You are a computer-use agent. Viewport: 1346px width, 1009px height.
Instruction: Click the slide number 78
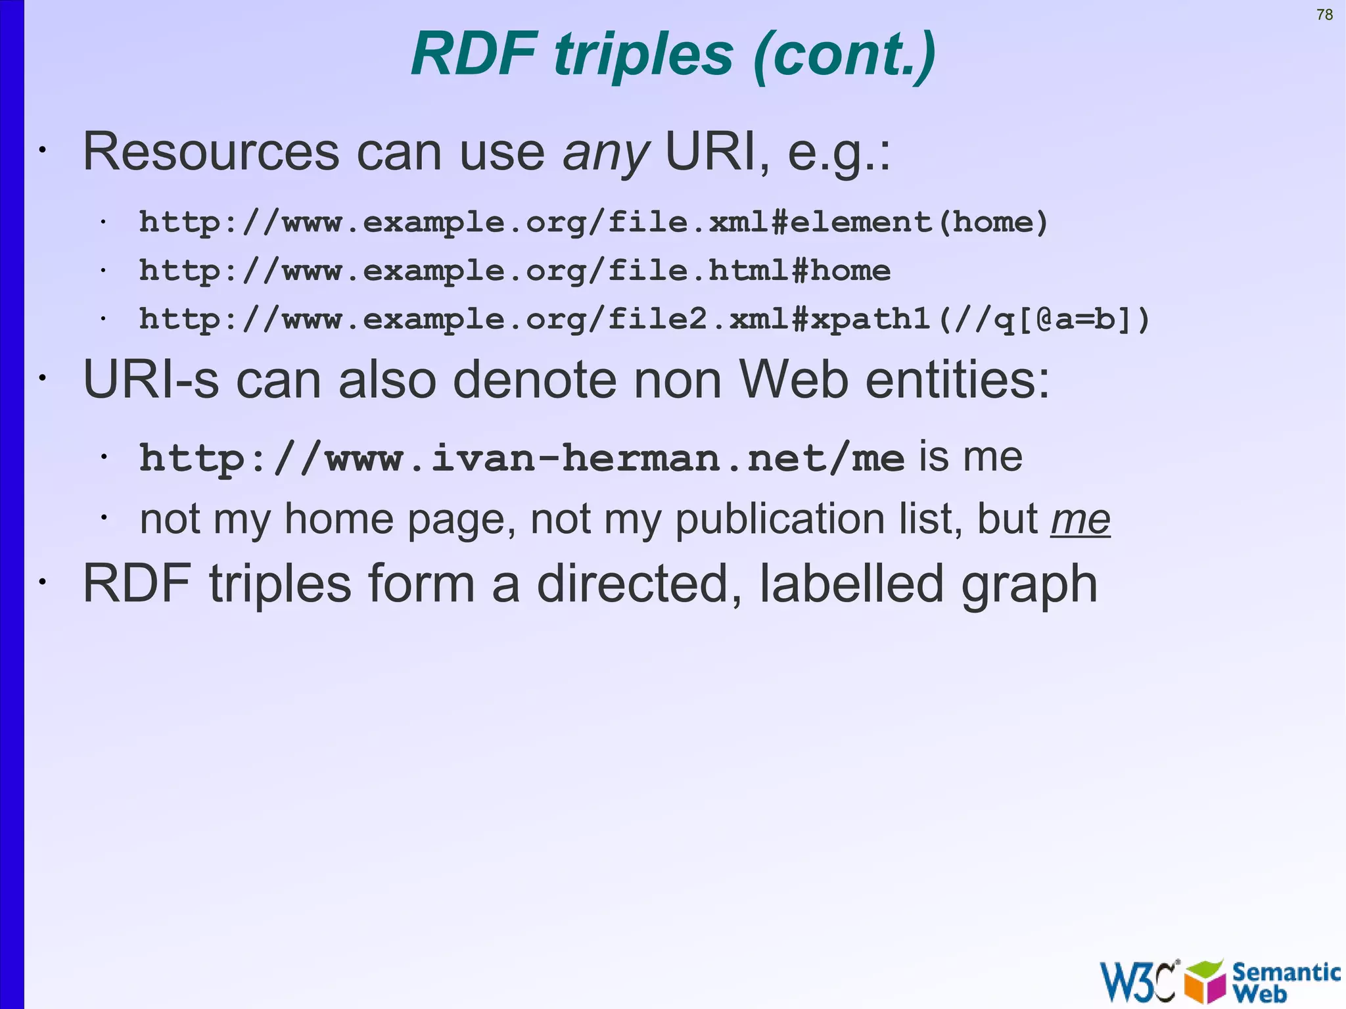coord(1324,14)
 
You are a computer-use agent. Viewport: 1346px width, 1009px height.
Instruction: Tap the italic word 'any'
coord(605,153)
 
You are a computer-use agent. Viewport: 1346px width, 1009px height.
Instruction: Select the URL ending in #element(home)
coord(593,222)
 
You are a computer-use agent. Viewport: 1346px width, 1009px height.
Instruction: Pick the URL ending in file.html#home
coord(515,271)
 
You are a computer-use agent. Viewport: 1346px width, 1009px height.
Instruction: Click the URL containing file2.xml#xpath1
coord(644,319)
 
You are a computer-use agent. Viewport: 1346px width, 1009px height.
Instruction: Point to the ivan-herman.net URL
coord(522,458)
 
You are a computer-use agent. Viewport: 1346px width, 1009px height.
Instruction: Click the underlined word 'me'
coord(1080,519)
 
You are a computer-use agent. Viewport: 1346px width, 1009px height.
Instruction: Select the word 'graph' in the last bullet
coord(1029,584)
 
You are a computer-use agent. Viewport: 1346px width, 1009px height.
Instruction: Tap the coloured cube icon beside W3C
coord(1205,981)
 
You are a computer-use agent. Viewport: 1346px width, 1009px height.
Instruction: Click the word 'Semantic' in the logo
coord(1286,972)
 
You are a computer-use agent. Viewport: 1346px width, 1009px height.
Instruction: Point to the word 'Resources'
coord(211,153)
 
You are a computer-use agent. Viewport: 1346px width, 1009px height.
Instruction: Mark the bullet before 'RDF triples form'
coord(42,583)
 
